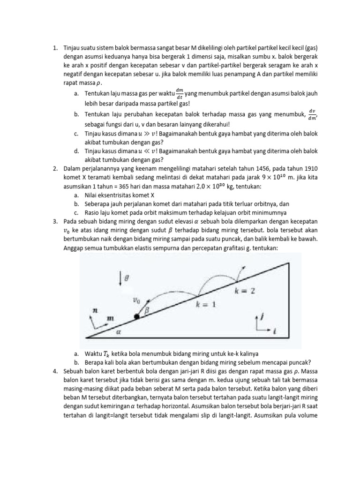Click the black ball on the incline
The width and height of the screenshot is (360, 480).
pos(136,317)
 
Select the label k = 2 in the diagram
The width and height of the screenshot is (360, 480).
pos(245,291)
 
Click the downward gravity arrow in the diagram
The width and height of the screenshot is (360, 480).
pos(121,278)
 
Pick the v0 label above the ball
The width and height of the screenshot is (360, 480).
pos(136,300)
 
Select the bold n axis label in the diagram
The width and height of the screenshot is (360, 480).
pos(95,310)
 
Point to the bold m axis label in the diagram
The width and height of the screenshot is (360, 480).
pos(111,319)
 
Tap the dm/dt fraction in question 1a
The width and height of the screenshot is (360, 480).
pos(179,90)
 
